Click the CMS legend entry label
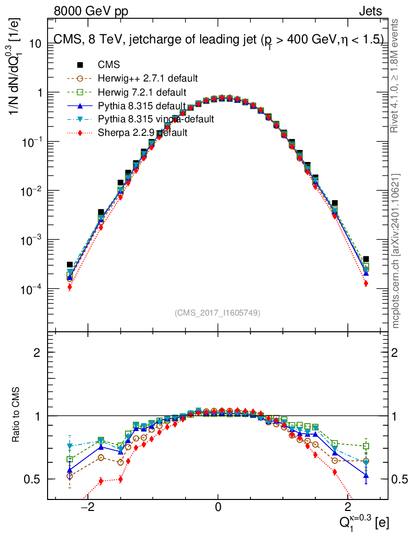109,65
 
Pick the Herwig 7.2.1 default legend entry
142,92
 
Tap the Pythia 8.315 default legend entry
142,106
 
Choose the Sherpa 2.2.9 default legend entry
143,133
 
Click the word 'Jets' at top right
370,11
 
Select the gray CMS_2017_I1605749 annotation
218,312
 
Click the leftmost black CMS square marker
70,265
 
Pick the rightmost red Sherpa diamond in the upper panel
366,283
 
